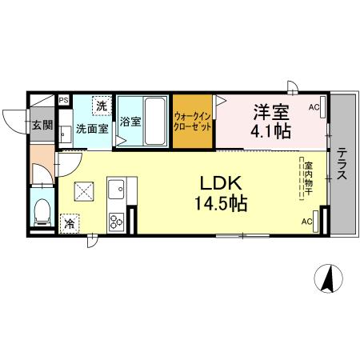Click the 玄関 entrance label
[x=42, y=125]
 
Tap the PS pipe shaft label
[x=63, y=100]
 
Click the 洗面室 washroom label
[x=92, y=127]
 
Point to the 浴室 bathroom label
[x=130, y=122]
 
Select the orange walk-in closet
[x=194, y=122]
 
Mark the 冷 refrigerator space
[x=70, y=224]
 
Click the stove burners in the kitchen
[x=117, y=220]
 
